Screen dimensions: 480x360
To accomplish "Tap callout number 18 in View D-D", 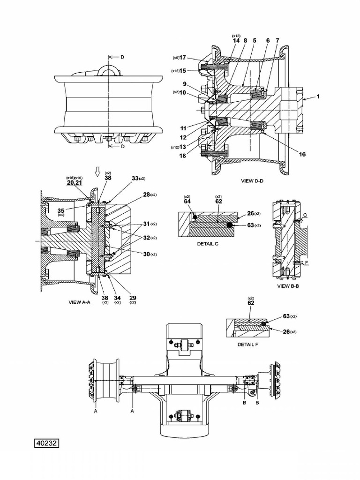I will click(181, 155).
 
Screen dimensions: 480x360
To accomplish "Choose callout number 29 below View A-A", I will click(133, 298).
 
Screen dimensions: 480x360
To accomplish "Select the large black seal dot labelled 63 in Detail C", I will click(230, 225).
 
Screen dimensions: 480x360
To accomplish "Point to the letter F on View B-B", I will click(306, 263).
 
